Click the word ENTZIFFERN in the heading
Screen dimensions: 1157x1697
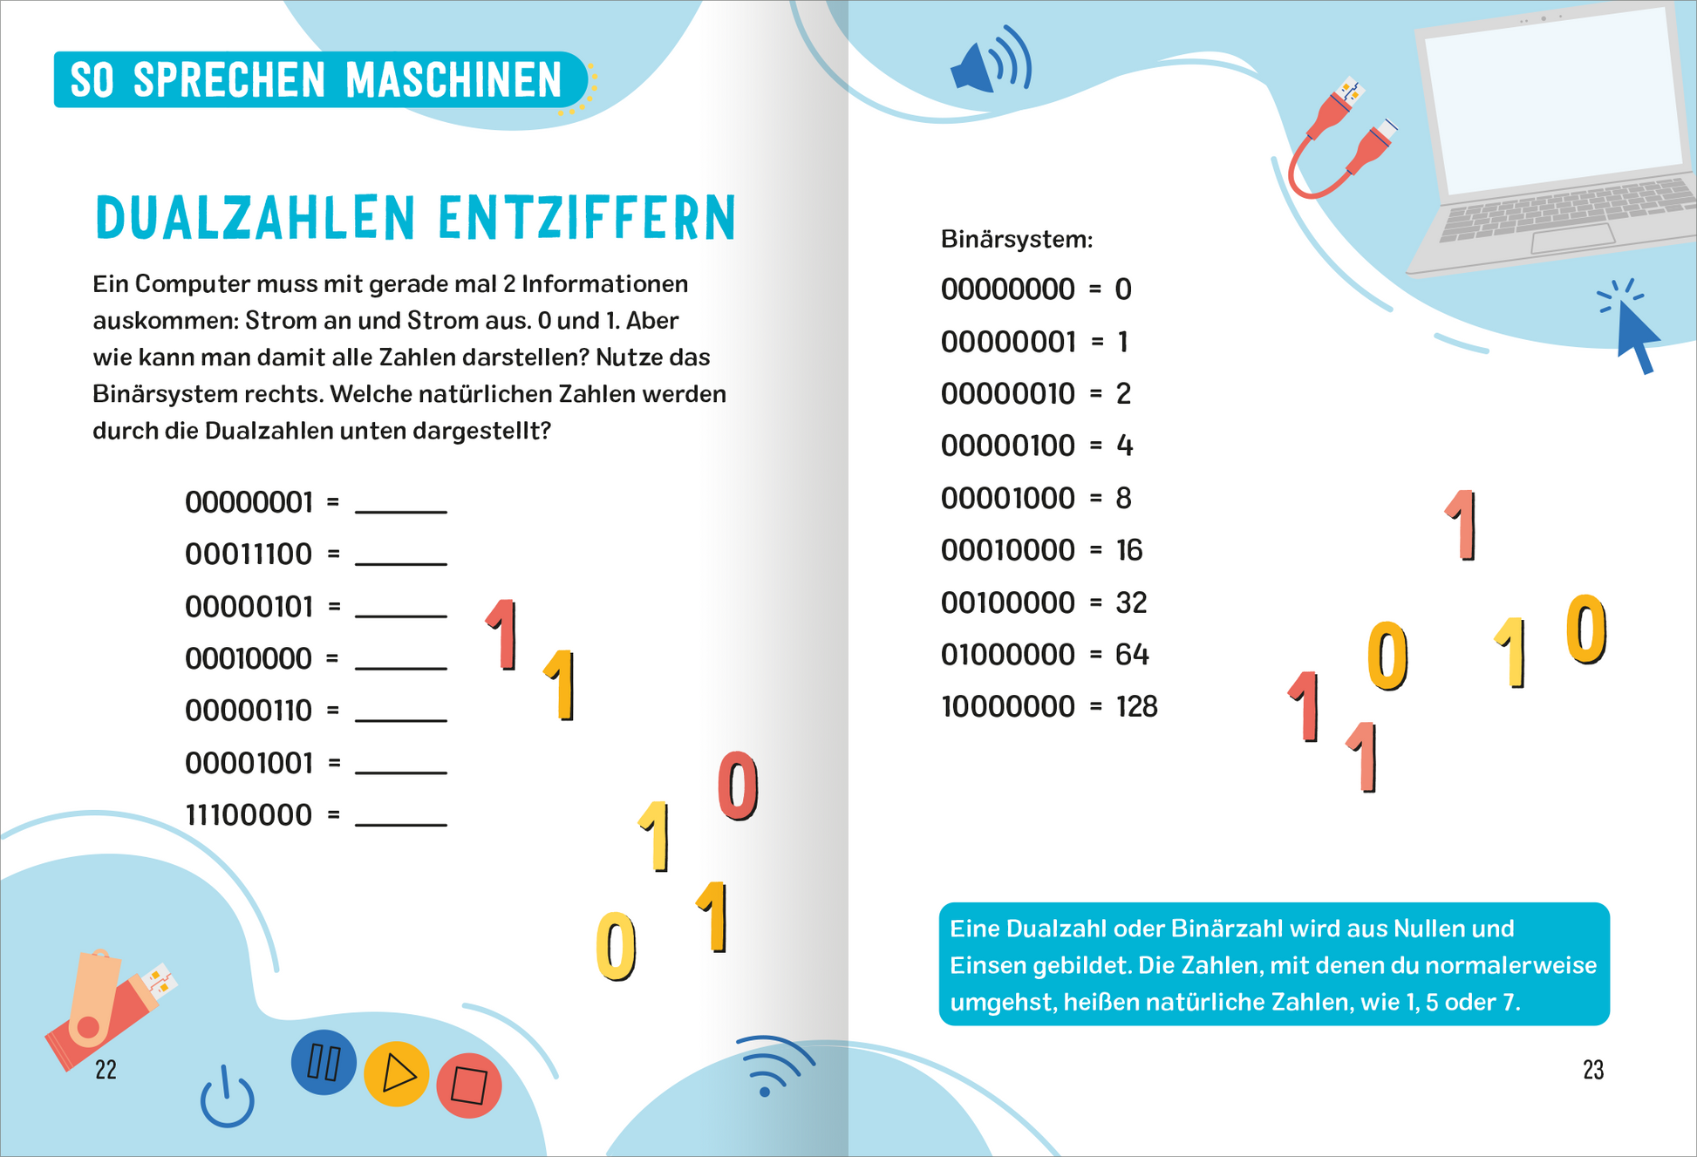[587, 218]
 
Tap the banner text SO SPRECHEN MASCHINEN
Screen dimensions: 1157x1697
[316, 80]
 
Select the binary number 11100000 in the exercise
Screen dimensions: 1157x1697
[249, 816]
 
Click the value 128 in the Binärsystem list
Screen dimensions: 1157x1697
[1136, 707]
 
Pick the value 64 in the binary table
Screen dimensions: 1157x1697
[1132, 655]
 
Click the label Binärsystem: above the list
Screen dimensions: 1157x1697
[1016, 240]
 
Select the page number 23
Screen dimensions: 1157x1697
[1592, 1070]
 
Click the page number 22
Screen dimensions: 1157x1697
[106, 1070]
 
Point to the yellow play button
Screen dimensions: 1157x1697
[397, 1074]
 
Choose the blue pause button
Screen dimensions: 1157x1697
[324, 1063]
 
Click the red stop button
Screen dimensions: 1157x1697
[469, 1086]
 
